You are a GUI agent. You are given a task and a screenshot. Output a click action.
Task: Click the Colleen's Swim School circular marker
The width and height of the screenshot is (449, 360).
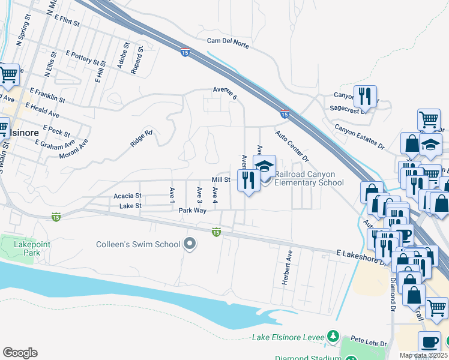(x=190, y=244)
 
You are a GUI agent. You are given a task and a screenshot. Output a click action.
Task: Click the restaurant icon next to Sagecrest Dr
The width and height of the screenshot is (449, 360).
(x=364, y=95)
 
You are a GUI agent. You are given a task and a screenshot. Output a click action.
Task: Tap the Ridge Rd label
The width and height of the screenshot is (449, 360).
(x=142, y=139)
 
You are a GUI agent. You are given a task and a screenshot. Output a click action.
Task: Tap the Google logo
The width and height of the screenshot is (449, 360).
(x=20, y=352)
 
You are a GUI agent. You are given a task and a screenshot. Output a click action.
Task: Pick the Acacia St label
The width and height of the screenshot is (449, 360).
(x=127, y=196)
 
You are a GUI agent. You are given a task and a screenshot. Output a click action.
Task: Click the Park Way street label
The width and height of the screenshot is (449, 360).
(x=192, y=211)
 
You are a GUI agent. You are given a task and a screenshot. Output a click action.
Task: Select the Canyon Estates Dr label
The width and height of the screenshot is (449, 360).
(x=359, y=137)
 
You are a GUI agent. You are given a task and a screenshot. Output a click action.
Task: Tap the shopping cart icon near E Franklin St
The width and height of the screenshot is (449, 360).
(x=8, y=76)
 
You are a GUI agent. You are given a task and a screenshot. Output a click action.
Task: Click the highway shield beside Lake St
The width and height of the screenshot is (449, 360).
(x=56, y=216)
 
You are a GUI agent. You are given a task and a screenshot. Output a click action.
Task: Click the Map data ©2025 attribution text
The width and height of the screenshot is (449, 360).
(x=423, y=355)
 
